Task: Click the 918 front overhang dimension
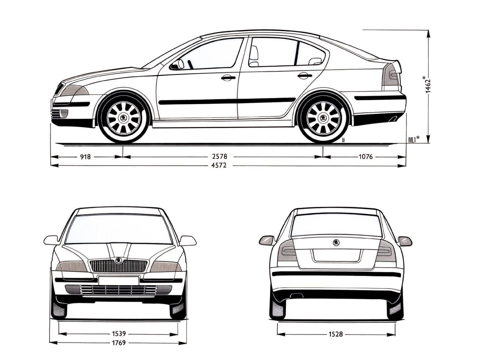(85, 157)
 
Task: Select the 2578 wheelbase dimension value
(220, 157)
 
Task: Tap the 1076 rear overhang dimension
(366, 157)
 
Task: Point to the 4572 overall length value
(219, 165)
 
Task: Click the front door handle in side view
(228, 78)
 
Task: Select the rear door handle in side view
(305, 76)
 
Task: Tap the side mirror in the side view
(177, 65)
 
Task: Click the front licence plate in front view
(119, 281)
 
